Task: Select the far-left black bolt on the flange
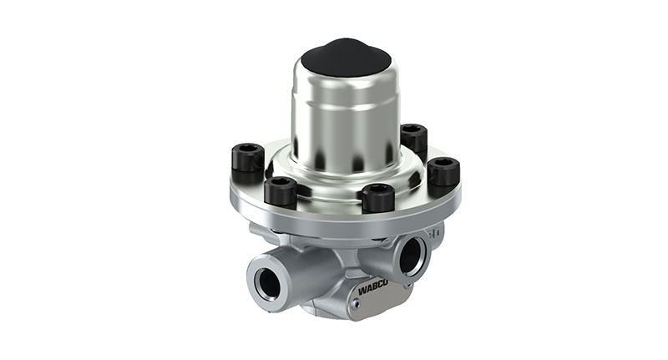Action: pos(247,158)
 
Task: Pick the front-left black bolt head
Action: pos(281,190)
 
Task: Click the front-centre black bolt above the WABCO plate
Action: pos(378,197)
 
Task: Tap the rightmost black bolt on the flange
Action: pos(443,171)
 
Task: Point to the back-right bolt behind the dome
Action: pos(413,137)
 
